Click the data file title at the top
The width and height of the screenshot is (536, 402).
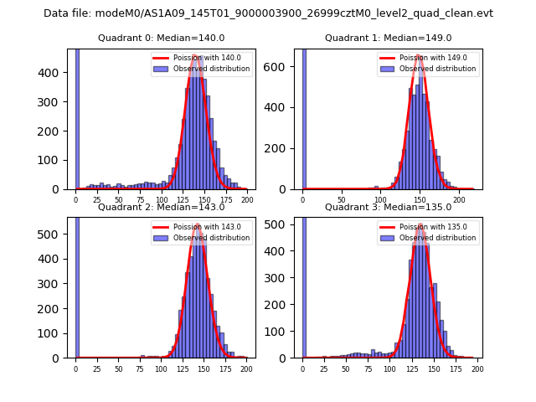tap(268, 13)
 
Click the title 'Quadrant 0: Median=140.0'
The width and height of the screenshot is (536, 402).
tap(161, 38)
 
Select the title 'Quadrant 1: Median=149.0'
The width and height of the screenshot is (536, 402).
tap(388, 38)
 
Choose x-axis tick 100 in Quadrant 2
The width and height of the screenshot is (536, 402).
tap(161, 368)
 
